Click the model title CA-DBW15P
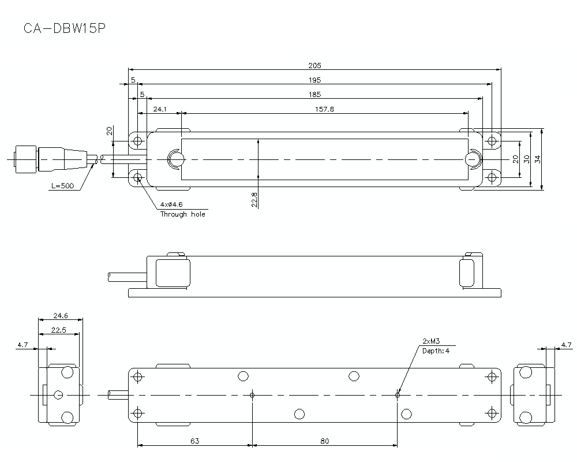click(63, 29)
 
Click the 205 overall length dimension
click(314, 65)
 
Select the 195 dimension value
click(314, 80)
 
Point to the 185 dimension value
click(314, 94)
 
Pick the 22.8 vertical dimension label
click(254, 199)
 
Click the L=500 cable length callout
click(62, 187)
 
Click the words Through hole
click(182, 214)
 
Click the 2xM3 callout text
click(431, 341)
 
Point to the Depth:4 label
click(435, 351)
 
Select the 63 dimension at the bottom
click(194, 441)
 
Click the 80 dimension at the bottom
click(324, 441)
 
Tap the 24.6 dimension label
click(60, 315)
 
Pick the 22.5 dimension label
click(58, 330)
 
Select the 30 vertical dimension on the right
click(526, 159)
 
